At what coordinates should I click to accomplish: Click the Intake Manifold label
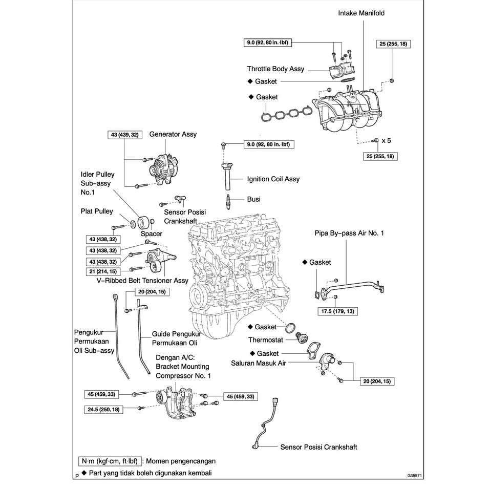click(361, 12)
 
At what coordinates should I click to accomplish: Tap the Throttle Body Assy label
click(275, 69)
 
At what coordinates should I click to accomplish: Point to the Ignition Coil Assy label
click(273, 179)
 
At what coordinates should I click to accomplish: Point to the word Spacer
click(151, 234)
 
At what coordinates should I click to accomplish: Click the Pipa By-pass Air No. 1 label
click(349, 233)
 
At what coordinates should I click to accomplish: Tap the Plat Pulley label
click(97, 211)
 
